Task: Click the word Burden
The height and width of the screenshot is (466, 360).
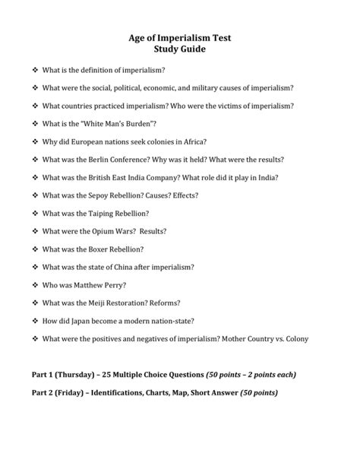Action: pos(159,123)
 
